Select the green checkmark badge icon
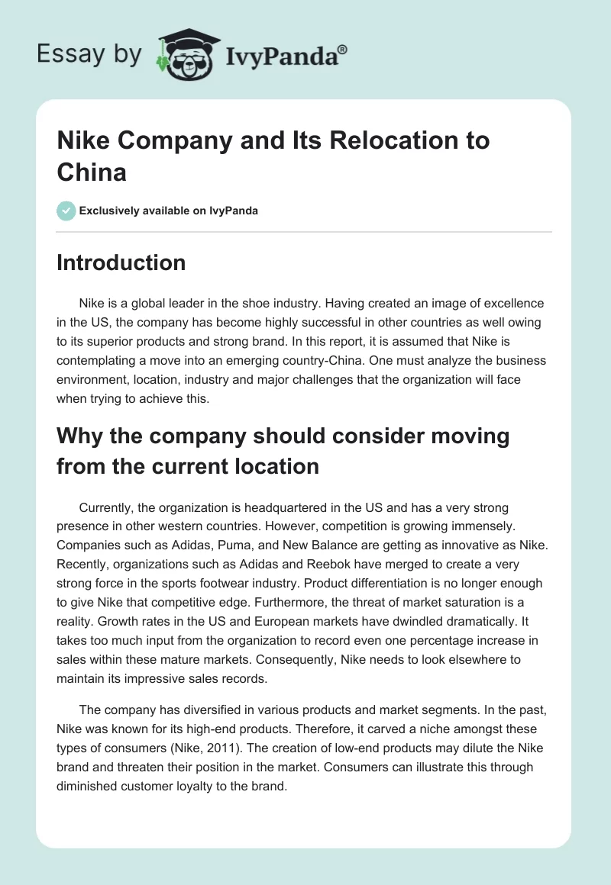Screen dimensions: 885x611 [x=66, y=211]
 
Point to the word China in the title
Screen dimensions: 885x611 [x=91, y=172]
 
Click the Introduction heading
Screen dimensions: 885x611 [x=121, y=262]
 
